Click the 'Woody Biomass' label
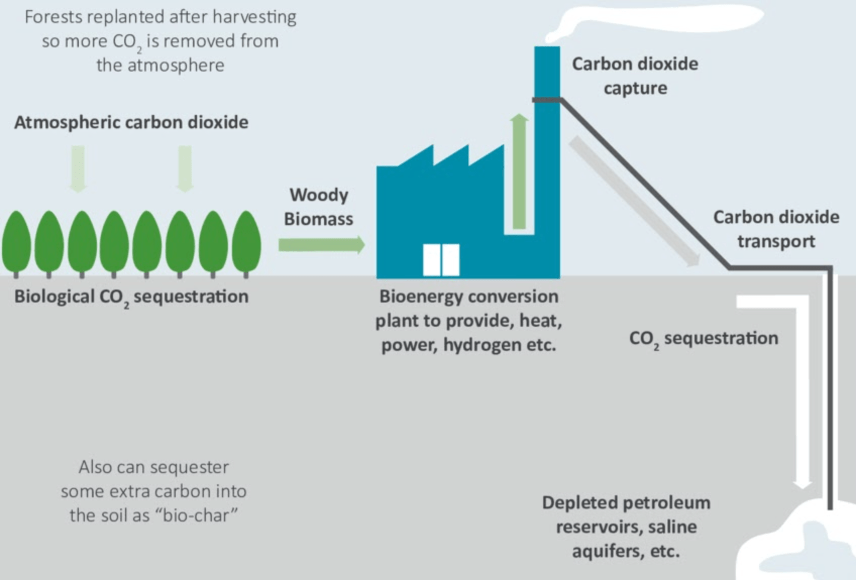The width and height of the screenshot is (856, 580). pyautogui.click(x=318, y=207)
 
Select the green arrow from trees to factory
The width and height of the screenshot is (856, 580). pyautogui.click(x=321, y=245)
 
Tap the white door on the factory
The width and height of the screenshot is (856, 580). pyautogui.click(x=441, y=260)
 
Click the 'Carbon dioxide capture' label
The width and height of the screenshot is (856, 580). pyautogui.click(x=635, y=76)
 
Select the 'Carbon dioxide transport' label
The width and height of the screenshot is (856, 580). pyautogui.click(x=776, y=229)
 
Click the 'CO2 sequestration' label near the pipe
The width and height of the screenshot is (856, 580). pyautogui.click(x=704, y=338)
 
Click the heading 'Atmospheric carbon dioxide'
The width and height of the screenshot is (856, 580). pyautogui.click(x=131, y=123)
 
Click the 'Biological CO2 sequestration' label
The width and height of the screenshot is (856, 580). pyautogui.click(x=131, y=297)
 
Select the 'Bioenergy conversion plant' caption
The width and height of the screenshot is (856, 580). pyautogui.click(x=468, y=320)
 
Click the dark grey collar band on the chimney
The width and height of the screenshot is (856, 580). pyautogui.click(x=547, y=100)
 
